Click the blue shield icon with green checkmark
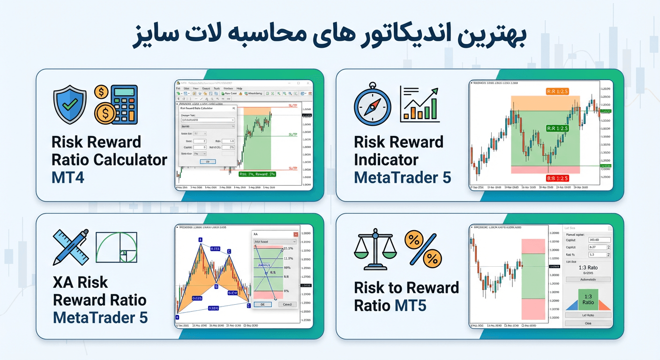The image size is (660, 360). click(x=70, y=105)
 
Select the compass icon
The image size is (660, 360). click(x=372, y=105)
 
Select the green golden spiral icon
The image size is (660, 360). click(x=116, y=247)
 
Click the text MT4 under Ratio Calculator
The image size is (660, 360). click(x=68, y=178)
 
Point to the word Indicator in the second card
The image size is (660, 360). click(x=386, y=160)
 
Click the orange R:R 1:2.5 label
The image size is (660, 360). click(x=557, y=91)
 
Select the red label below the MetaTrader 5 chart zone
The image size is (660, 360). click(x=557, y=178)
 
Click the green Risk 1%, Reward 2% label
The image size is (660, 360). click(x=257, y=174)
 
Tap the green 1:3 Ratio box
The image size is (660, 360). click(x=588, y=299)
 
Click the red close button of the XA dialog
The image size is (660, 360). click(x=295, y=234)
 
